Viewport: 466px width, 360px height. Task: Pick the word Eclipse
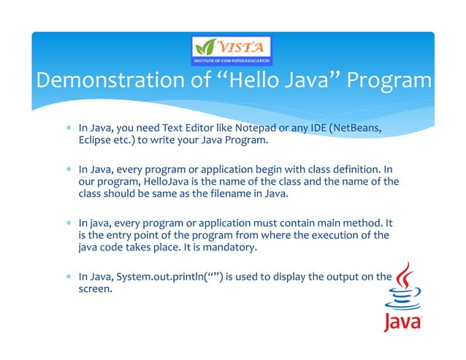[x=94, y=140]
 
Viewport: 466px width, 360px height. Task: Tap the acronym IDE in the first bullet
[x=315, y=129]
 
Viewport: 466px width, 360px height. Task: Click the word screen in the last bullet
[x=95, y=288]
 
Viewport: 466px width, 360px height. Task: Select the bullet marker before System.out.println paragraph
[x=67, y=277]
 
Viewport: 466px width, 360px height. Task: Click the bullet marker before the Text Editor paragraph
[x=67, y=130]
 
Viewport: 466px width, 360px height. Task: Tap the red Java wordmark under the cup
[x=402, y=322]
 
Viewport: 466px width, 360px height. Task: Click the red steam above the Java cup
[x=405, y=277]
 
